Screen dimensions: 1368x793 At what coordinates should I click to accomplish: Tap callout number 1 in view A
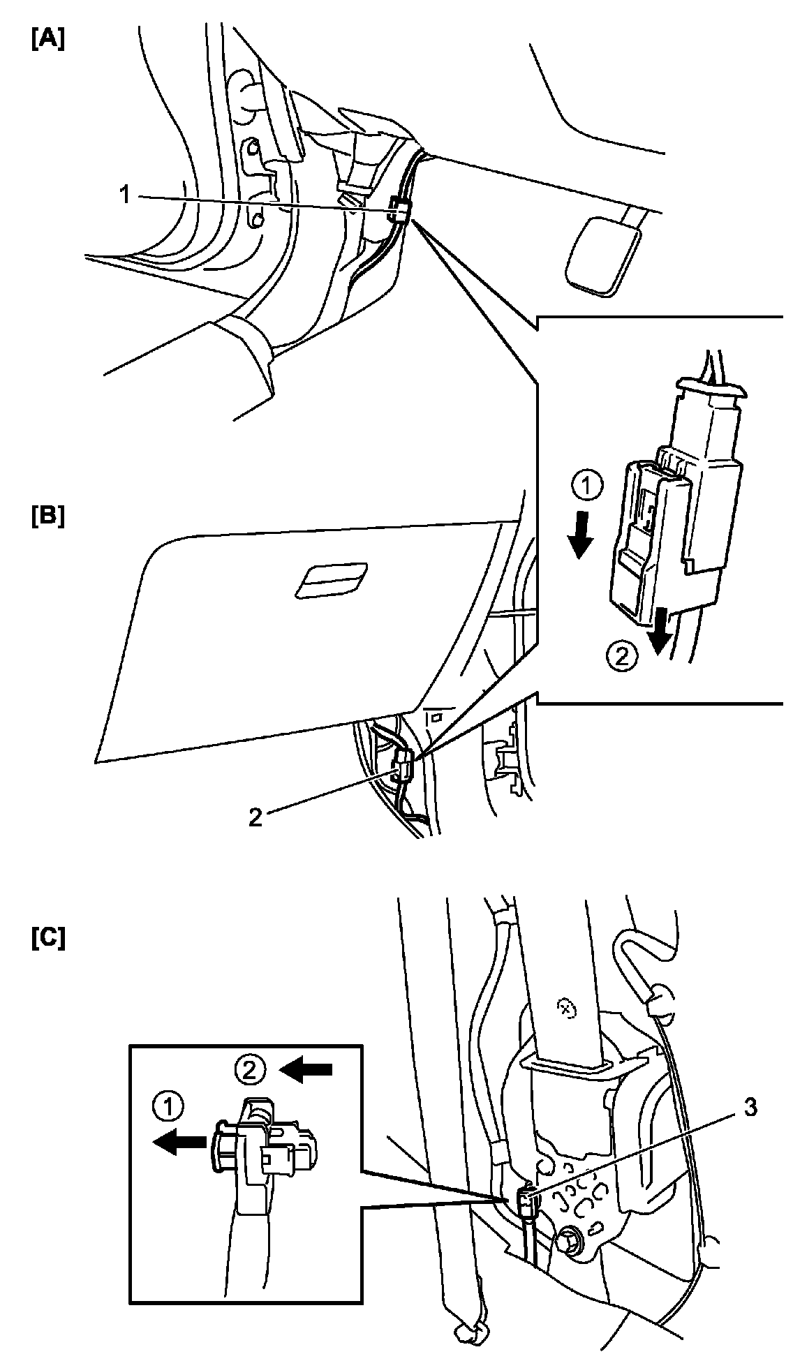pyautogui.click(x=125, y=195)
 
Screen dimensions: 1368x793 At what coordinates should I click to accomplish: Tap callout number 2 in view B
pyautogui.click(x=255, y=817)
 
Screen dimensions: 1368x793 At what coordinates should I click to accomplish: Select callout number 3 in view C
pyautogui.click(x=750, y=1108)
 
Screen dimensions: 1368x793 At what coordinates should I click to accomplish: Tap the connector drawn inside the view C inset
pyautogui.click(x=264, y=1145)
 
